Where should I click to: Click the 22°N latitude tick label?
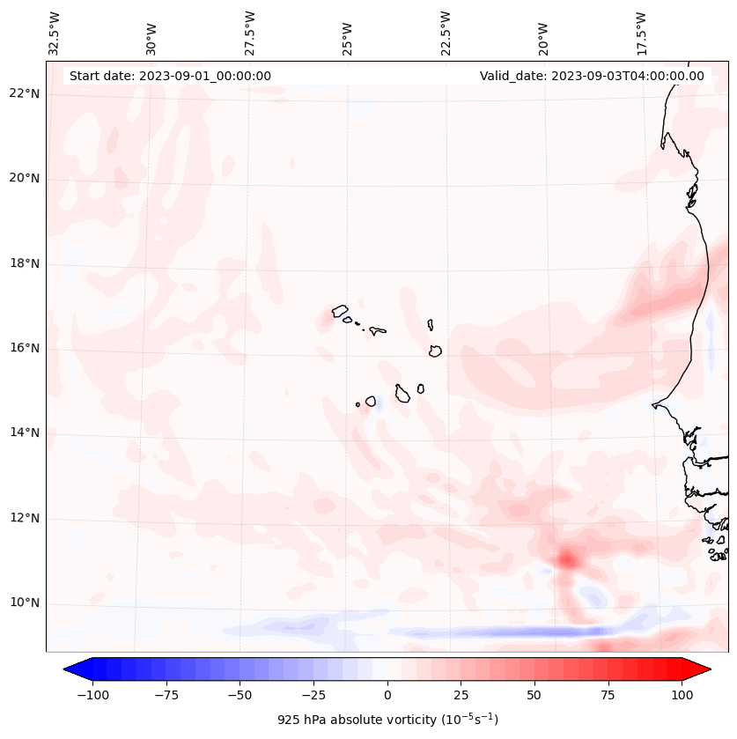[25, 94]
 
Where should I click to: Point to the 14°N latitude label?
[25, 432]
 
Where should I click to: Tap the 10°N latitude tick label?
[25, 603]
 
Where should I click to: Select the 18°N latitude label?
[25, 263]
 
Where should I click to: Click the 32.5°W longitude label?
[55, 33]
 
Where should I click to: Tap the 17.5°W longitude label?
[641, 33]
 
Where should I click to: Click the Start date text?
[170, 76]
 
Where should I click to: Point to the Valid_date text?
[592, 76]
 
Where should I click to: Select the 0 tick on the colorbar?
[387, 695]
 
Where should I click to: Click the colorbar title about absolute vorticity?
[387, 720]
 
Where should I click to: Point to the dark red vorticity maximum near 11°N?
[567, 558]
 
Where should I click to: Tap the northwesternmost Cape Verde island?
[340, 310]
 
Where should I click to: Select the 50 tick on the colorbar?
[534, 695]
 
